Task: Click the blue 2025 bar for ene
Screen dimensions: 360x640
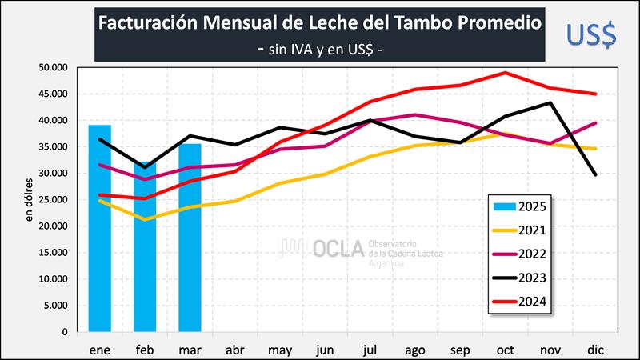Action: point(100,228)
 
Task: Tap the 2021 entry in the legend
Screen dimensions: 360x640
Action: point(521,230)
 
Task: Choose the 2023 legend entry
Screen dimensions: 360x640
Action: point(521,278)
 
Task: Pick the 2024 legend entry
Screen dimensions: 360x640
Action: point(521,302)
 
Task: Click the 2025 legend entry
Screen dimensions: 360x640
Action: point(521,206)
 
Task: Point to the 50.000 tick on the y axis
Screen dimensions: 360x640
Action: point(54,68)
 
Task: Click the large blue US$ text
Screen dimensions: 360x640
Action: point(590,34)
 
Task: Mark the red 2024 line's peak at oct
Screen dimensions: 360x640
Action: point(506,72)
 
